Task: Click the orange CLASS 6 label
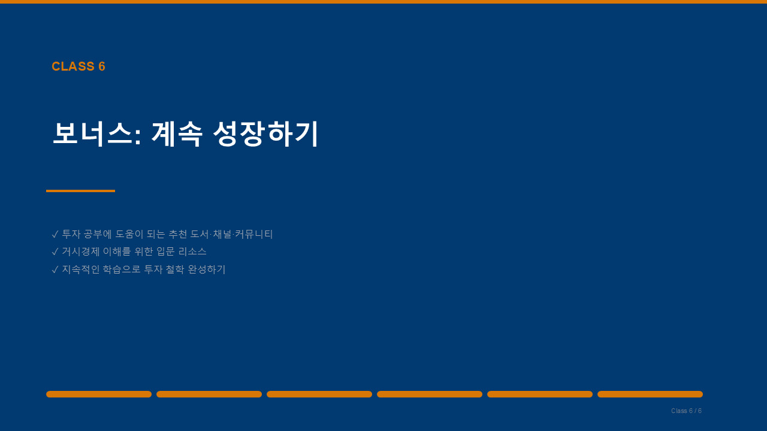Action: pyautogui.click(x=78, y=66)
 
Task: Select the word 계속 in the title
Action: pyautogui.click(x=176, y=134)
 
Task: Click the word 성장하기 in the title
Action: pyautogui.click(x=266, y=134)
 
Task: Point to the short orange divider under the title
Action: pyautogui.click(x=80, y=191)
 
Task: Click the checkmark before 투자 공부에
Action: pyautogui.click(x=55, y=234)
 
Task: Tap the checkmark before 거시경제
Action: pyautogui.click(x=55, y=252)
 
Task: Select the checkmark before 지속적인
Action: pyautogui.click(x=55, y=269)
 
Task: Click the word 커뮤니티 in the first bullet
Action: pyautogui.click(x=253, y=234)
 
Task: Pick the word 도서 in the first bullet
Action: pyautogui.click(x=200, y=234)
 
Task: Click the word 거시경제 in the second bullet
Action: pyautogui.click(x=81, y=252)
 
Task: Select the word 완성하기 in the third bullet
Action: pyautogui.click(x=207, y=269)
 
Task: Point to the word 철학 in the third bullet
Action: pyautogui.click(x=175, y=269)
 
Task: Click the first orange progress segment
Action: pyautogui.click(x=99, y=394)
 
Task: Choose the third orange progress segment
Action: pyautogui.click(x=319, y=394)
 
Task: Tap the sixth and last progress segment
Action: pyautogui.click(x=650, y=394)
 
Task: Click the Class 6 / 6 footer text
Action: pyautogui.click(x=687, y=411)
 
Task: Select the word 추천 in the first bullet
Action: pyautogui.click(x=178, y=234)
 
